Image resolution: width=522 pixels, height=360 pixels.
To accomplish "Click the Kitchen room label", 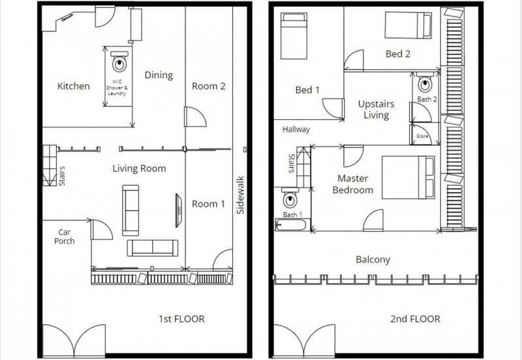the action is [x=74, y=86].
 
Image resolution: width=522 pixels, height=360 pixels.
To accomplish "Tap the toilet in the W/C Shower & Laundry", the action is [x=119, y=61].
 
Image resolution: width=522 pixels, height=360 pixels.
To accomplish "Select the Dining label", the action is [x=159, y=75].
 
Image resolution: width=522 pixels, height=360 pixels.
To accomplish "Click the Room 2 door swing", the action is [x=195, y=117].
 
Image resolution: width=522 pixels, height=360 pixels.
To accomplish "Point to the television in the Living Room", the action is [x=179, y=211].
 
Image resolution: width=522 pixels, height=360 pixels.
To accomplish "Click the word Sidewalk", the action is [x=240, y=195].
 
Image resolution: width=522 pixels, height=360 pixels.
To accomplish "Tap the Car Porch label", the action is [x=64, y=237].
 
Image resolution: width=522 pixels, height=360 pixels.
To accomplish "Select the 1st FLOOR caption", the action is [x=181, y=319].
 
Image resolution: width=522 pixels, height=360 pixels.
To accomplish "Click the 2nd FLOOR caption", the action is [x=415, y=319].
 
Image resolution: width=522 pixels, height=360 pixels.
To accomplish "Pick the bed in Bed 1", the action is [x=294, y=36].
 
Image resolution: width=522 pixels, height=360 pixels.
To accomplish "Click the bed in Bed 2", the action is [x=408, y=25].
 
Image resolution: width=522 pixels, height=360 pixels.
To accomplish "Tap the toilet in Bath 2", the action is [x=425, y=82].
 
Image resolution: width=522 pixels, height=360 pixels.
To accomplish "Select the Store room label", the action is [x=422, y=136].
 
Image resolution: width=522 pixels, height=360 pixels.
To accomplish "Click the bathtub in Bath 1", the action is [x=290, y=224].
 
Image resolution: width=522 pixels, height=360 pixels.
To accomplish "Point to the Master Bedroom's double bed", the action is [x=408, y=177].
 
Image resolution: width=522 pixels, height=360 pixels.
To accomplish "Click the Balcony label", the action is [x=373, y=260].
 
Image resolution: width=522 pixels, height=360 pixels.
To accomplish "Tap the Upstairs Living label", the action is [x=376, y=110].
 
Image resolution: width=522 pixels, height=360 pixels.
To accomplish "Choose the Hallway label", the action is [x=296, y=129].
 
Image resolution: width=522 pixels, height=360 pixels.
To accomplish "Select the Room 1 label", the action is [x=208, y=203].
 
